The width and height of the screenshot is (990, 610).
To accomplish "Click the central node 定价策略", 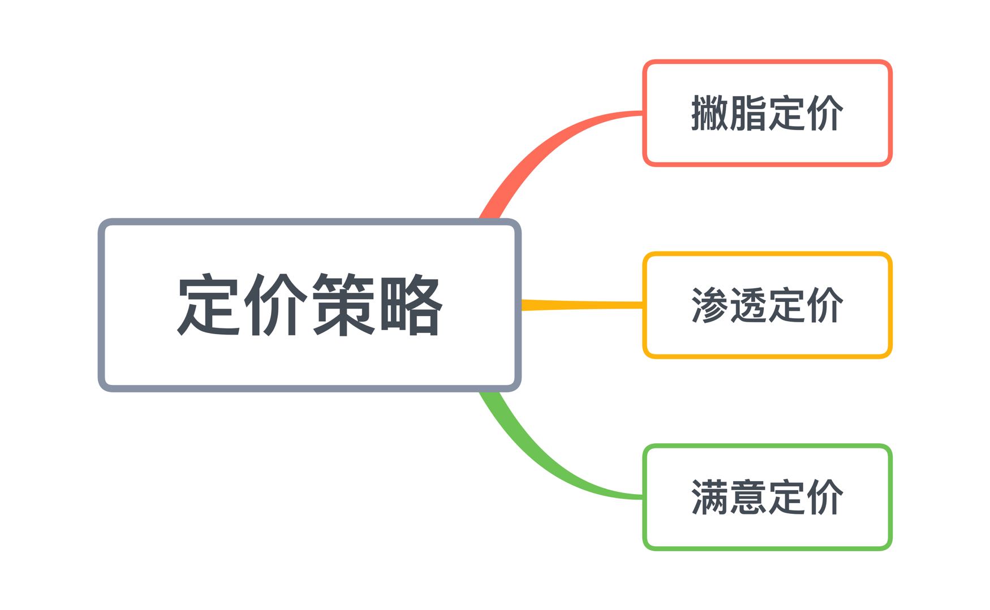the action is (309, 305).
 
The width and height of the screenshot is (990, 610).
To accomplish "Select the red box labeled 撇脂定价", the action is (767, 113).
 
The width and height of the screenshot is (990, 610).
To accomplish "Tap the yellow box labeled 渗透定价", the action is (767, 305).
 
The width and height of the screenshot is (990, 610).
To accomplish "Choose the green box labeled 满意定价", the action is (767, 497).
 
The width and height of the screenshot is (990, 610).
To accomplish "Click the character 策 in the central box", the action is (343, 305).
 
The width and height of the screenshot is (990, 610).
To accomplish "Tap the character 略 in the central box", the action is (411, 305).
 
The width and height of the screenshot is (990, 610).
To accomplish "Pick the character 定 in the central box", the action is (209, 305).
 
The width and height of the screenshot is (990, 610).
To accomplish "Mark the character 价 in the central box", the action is (276, 305).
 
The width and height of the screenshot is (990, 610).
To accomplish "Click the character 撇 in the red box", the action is (710, 113).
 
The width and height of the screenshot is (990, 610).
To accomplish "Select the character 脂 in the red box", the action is (748, 113).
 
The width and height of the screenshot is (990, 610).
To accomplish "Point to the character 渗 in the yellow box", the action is (710, 305).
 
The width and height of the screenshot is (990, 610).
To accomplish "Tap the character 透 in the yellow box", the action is (748, 305).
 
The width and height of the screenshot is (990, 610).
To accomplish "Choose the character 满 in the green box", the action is (710, 497).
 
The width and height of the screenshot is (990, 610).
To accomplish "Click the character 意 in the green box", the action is (748, 497).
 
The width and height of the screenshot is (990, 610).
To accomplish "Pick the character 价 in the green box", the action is (825, 497).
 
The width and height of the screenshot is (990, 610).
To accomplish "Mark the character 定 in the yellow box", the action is (786, 305).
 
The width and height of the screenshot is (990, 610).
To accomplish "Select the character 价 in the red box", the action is (825, 113).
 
